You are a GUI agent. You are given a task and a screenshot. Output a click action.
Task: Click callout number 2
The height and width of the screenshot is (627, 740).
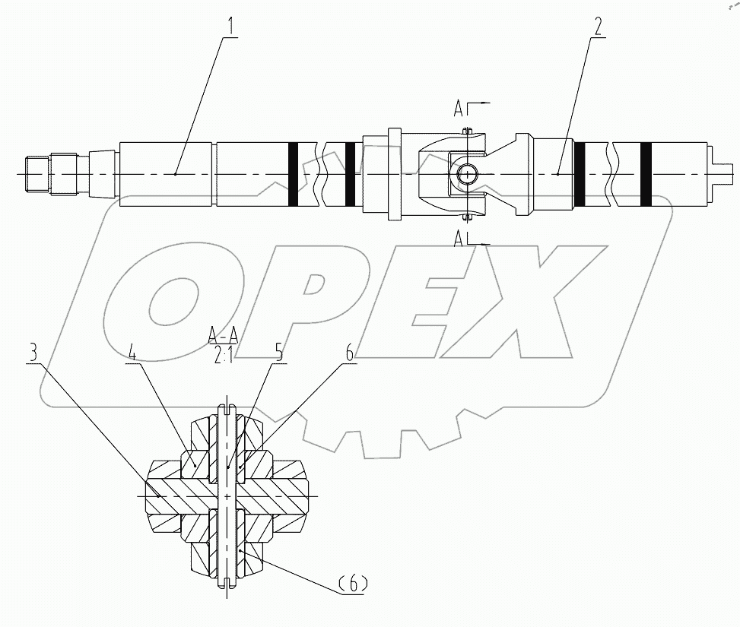[598, 27]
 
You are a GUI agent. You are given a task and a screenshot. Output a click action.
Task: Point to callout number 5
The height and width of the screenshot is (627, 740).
[278, 353]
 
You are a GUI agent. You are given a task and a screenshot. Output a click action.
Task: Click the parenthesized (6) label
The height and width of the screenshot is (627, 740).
[352, 584]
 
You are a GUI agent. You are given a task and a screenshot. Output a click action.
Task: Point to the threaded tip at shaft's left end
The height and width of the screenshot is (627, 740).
[36, 174]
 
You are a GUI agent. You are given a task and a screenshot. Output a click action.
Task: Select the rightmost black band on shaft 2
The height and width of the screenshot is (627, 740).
[646, 174]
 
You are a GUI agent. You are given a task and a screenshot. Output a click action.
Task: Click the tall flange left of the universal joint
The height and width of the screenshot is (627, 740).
[394, 175]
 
